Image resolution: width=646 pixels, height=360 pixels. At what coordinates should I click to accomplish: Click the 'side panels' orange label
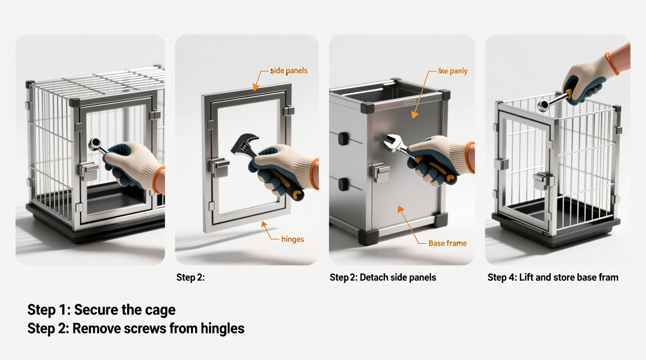(x=288, y=71)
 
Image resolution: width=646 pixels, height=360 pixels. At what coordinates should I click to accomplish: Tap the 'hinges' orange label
(x=292, y=239)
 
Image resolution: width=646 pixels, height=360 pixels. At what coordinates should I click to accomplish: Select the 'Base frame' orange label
(x=447, y=243)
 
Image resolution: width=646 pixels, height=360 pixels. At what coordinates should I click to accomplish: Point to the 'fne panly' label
(x=453, y=71)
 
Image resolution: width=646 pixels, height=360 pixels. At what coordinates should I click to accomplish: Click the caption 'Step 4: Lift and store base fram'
(x=552, y=277)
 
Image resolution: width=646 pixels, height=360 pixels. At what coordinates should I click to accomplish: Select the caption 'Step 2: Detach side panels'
(x=382, y=277)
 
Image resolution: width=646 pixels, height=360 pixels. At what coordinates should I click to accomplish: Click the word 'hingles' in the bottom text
(x=222, y=329)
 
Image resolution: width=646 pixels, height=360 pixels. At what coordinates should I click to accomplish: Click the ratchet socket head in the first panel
(x=95, y=144)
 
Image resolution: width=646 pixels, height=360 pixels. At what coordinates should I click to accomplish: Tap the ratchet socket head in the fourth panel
(x=544, y=105)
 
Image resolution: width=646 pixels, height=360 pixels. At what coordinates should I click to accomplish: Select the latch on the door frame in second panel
(x=220, y=167)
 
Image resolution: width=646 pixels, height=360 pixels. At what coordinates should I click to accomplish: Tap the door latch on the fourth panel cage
(x=543, y=181)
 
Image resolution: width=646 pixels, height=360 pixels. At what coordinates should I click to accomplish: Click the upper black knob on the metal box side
(x=343, y=138)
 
